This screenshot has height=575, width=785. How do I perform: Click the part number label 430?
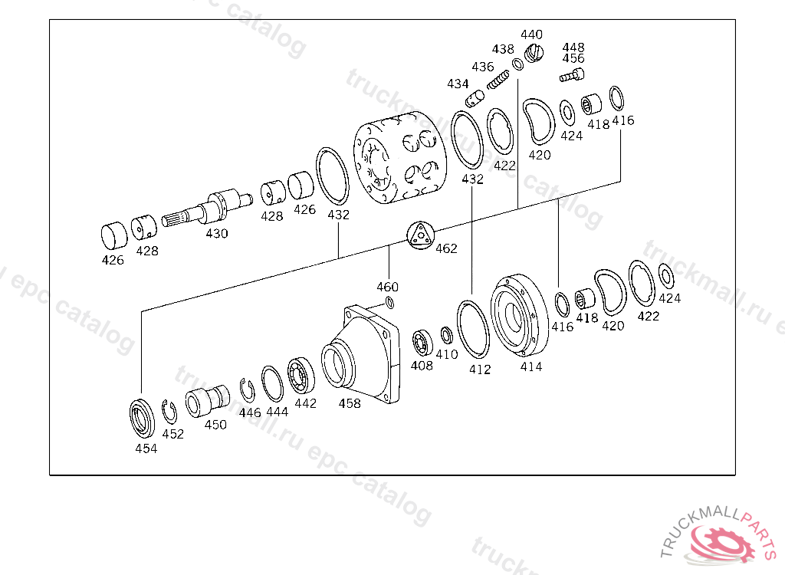[217, 233]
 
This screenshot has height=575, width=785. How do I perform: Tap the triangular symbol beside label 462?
[419, 235]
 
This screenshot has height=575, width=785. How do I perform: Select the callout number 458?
[350, 403]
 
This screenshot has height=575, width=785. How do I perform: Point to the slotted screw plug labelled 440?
[534, 53]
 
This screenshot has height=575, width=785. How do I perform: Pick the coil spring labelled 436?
[498, 80]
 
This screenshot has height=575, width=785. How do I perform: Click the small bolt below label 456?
[572, 76]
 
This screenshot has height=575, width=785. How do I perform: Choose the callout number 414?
[531, 366]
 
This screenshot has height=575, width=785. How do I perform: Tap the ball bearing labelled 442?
[301, 376]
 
